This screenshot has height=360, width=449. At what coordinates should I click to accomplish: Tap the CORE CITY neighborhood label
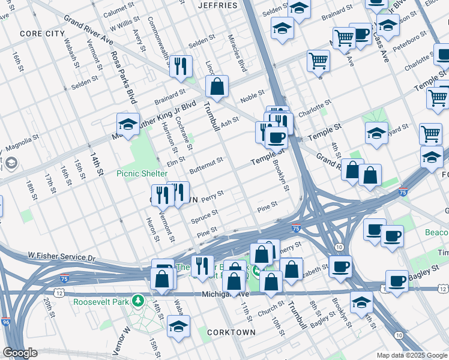[x=41, y=34]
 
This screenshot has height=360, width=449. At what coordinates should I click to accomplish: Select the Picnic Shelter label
[x=142, y=173]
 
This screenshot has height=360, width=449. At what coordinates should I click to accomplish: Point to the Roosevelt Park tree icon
[x=138, y=299]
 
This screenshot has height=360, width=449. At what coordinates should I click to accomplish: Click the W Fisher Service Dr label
[x=62, y=257]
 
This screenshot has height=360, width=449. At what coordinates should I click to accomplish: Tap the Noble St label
[x=252, y=94]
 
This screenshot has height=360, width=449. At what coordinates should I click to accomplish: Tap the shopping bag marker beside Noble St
[x=217, y=86]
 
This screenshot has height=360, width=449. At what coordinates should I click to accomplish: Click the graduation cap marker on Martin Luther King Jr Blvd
[x=128, y=124]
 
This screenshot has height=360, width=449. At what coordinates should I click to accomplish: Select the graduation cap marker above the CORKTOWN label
[x=178, y=327]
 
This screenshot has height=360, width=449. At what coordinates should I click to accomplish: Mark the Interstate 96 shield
[x=5, y=322]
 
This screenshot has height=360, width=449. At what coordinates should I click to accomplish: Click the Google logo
[x=20, y=353]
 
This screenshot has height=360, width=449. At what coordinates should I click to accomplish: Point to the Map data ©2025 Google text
[x=411, y=355]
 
